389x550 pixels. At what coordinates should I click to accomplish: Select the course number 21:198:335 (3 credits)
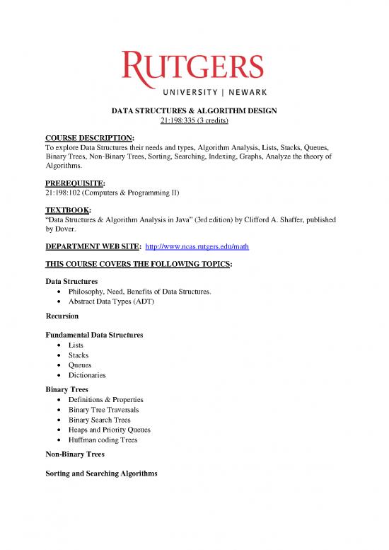[194, 121]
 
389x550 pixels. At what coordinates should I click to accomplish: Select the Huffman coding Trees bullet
[103, 439]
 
